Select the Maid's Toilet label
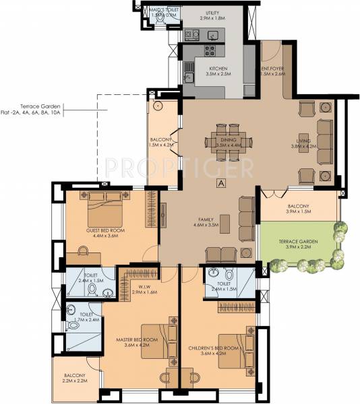click(164, 9)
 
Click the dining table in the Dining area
click(228, 141)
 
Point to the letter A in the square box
click(220, 182)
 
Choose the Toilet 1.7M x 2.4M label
click(85, 317)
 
